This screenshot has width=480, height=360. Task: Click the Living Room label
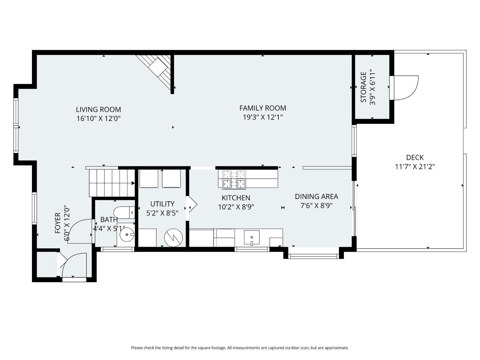99,109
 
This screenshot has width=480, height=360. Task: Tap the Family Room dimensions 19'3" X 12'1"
263,117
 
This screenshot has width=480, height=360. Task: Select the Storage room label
364,87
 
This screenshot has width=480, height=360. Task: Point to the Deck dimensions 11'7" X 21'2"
415,167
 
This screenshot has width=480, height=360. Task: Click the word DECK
415,157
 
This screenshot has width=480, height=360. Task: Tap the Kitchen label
236,197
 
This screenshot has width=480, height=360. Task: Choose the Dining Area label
316,196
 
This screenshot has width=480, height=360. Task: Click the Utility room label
162,204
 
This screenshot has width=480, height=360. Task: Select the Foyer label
58,223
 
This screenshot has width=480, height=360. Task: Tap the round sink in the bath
127,235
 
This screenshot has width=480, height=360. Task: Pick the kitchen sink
252,237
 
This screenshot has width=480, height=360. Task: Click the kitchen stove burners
234,179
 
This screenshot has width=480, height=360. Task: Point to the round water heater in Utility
173,238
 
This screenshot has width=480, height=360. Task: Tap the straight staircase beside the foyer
112,183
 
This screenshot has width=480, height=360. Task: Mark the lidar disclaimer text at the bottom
240,348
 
